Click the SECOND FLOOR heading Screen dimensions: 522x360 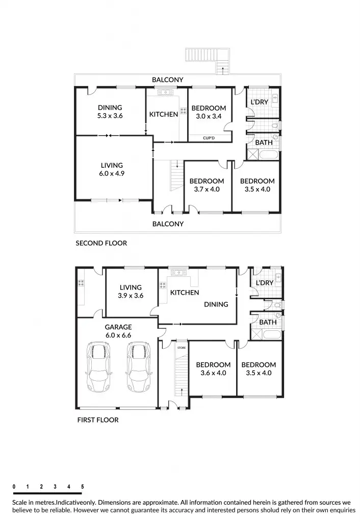(x=101, y=243)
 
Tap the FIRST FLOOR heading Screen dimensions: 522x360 (x=97, y=420)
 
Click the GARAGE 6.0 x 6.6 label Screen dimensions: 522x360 (x=118, y=331)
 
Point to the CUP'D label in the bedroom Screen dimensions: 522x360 (x=209, y=138)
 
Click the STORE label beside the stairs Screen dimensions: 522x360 (x=182, y=347)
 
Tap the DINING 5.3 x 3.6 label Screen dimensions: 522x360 (x=110, y=112)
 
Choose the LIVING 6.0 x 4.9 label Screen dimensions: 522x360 (x=112, y=169)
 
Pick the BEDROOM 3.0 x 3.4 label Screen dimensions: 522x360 (x=209, y=112)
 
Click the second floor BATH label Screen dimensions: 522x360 (x=264, y=143)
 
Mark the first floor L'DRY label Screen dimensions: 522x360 (x=265, y=283)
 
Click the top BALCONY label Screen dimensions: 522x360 (x=167, y=80)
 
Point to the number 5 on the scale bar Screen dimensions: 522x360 (x=82, y=487)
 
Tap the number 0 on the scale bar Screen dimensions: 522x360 (x=14, y=487)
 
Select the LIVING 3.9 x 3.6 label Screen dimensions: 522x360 (x=131, y=292)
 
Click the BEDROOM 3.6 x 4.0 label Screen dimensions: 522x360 (x=213, y=369)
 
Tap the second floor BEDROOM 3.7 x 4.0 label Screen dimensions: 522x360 (x=207, y=185)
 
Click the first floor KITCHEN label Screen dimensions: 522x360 (x=185, y=293)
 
